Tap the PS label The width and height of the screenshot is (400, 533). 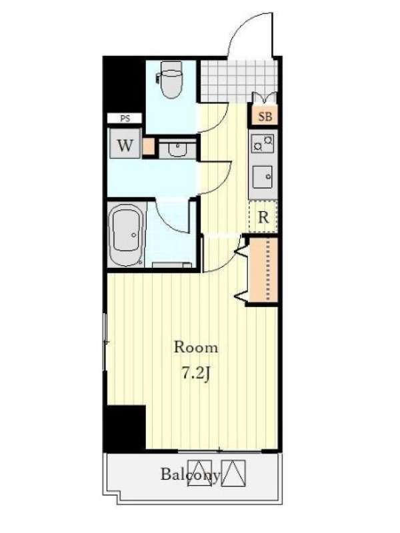125,119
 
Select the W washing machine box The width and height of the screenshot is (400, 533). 125,143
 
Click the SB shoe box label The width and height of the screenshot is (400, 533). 265,117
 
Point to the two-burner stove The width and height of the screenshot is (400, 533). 262,143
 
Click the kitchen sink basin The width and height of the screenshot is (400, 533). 262,177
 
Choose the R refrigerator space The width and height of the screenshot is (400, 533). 263,217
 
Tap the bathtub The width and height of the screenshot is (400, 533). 125,235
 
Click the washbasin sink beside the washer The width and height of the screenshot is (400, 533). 177,149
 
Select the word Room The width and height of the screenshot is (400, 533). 195,347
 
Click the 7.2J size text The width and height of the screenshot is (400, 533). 195,374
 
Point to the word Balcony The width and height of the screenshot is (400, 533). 191,474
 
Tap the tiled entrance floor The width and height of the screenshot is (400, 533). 237,80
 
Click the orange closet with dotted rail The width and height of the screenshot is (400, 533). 263,270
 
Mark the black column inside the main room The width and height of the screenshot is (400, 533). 125,428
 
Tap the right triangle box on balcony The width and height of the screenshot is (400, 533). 233,473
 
